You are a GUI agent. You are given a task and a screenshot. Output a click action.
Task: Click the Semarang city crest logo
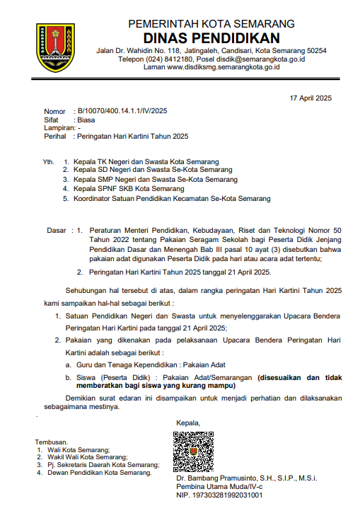click(x=55, y=47)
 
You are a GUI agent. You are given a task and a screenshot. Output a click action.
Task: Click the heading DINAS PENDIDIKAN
click(x=211, y=38)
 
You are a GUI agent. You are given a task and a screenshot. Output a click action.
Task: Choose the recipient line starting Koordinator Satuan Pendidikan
click(x=172, y=199)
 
